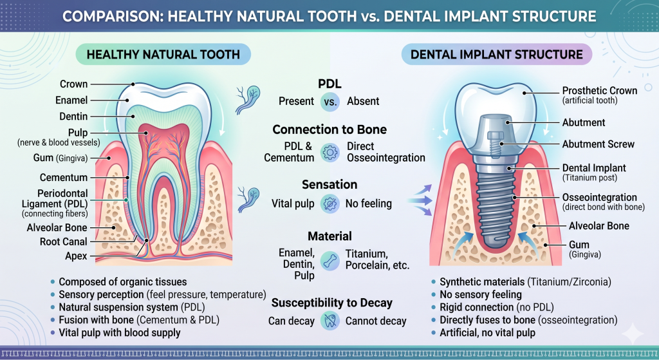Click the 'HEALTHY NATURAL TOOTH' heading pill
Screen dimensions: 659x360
pyautogui.click(x=163, y=55)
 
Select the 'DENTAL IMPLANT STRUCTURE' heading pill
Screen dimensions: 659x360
pyautogui.click(x=496, y=55)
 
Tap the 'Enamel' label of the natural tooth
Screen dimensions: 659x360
pyautogui.click(x=71, y=100)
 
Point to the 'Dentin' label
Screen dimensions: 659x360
pyautogui.click(x=73, y=116)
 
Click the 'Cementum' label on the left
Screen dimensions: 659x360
pyautogui.click(x=64, y=178)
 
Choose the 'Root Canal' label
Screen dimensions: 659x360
pyautogui.click(x=64, y=242)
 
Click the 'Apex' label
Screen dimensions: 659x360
pyautogui.click(x=76, y=256)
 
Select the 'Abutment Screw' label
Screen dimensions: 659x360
pyautogui.click(x=598, y=144)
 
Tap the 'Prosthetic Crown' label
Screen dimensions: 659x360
pyautogui.click(x=600, y=90)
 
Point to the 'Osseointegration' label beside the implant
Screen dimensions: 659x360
pyautogui.click(x=600, y=197)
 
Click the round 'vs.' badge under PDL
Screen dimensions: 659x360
pyautogui.click(x=330, y=101)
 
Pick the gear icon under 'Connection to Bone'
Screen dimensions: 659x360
pyautogui.click(x=330, y=152)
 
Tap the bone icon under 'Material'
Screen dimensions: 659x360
pyautogui.click(x=330, y=261)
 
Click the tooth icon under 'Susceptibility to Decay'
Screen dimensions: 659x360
pyautogui.click(x=330, y=321)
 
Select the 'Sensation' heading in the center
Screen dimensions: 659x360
pyautogui.click(x=329, y=184)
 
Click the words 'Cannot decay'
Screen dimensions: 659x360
pyautogui.click(x=376, y=321)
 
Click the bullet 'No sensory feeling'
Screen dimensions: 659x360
pyautogui.click(x=480, y=294)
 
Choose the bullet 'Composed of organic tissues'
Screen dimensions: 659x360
pyautogui.click(x=123, y=282)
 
